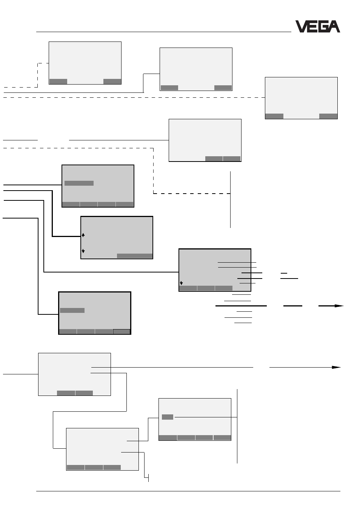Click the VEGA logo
pos(318,26)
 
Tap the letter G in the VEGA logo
pos(325,26)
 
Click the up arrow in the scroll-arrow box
pos(83,235)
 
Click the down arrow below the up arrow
pos(83,251)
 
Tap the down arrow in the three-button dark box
pos(182,283)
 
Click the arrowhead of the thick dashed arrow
pos(339,306)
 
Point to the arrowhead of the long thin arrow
pos(337,367)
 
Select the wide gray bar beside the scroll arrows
pos(135,256)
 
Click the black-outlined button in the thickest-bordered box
pos(122,331)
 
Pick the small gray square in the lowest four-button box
pos(168,417)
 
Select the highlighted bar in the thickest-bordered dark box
pos(72,310)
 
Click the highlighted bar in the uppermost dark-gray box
pos(79,183)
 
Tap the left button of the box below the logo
pos(274,116)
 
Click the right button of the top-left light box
pos(112,82)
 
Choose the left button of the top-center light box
pos(169,88)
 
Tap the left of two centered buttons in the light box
pos(66,393)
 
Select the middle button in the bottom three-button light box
pos(94,467)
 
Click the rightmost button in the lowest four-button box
pos(222,437)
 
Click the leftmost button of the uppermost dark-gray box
pos(71,205)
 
